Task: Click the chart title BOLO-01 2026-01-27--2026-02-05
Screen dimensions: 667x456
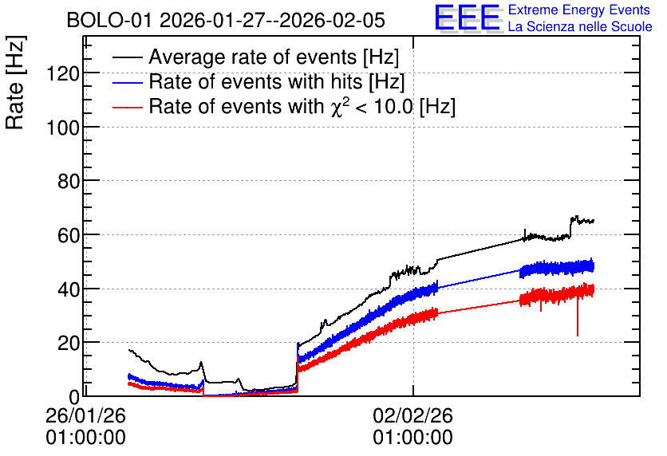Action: (226, 20)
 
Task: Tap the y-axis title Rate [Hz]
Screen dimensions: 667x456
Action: (15, 83)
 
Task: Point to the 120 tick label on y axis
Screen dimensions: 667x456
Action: (63, 74)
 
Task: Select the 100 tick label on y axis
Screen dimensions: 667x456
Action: (63, 127)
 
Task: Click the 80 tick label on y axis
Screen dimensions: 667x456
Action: (69, 181)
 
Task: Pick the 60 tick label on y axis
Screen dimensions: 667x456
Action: (69, 235)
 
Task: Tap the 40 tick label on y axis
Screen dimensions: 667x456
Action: (69, 289)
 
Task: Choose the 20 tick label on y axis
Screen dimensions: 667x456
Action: (69, 343)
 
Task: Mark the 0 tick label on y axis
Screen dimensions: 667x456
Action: (74, 397)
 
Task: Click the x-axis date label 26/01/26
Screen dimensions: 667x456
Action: (86, 415)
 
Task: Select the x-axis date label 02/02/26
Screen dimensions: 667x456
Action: (413, 415)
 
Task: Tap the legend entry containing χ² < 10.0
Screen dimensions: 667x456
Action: (302, 106)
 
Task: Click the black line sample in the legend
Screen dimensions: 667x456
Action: (127, 57)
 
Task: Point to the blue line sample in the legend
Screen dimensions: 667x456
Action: (127, 82)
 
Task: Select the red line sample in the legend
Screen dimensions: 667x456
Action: (127, 107)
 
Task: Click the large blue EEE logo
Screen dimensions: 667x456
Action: (469, 18)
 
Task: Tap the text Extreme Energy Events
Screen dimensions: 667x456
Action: (579, 10)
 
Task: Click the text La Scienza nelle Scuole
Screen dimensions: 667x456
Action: (580, 26)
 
